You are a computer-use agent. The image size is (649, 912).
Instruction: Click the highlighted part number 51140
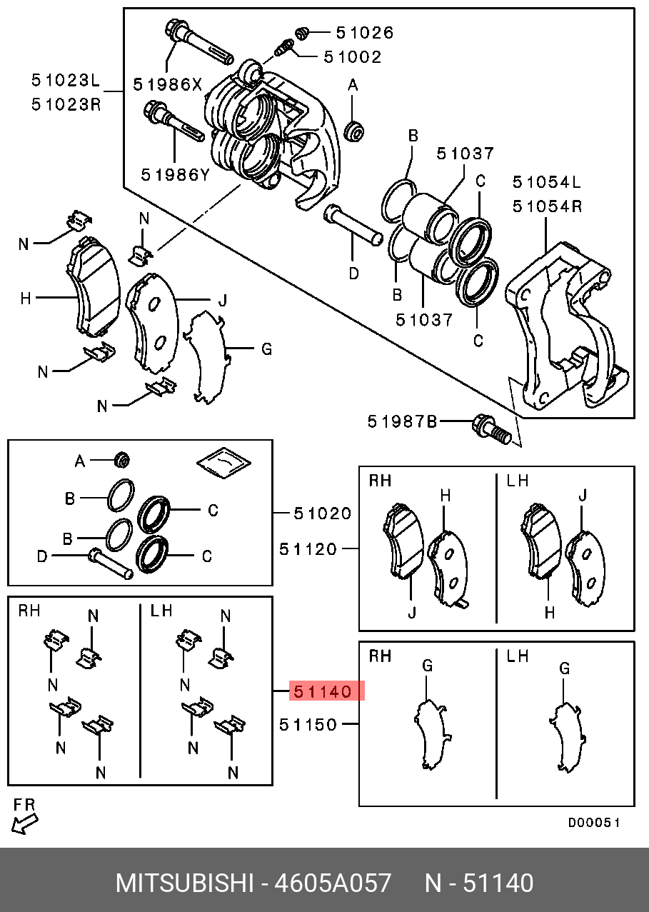321,691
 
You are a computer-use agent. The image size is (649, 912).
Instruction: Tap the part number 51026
364,33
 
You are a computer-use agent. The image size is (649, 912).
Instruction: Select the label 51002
352,56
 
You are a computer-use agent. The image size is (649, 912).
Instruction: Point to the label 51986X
167,84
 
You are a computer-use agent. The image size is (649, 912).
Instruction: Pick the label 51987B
402,421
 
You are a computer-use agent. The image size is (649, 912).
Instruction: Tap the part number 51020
323,513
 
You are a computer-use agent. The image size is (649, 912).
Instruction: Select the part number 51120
308,548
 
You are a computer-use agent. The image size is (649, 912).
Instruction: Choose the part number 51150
308,724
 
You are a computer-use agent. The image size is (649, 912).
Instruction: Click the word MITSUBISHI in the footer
184,883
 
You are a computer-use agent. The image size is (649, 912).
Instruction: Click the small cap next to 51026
302,32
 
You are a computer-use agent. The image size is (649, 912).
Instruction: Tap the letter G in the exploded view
266,349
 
